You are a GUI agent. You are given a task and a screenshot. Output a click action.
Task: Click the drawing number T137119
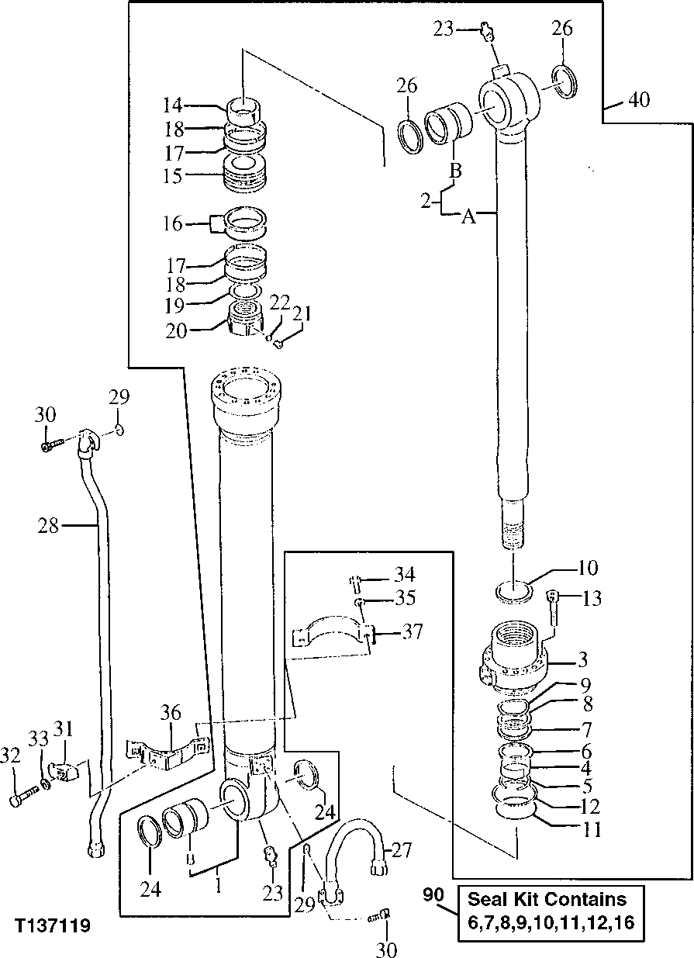[51, 925]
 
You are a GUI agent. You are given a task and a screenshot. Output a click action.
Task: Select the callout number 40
[639, 100]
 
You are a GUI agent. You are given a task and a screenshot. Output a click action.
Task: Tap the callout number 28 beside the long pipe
[48, 526]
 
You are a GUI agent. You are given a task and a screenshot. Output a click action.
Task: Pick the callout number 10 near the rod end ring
[587, 569]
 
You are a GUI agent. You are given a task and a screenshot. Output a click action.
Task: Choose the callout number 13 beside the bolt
[591, 598]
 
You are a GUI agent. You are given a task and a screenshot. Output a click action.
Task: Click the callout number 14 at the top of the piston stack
[171, 105]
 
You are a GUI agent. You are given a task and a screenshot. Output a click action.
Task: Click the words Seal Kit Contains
[547, 899]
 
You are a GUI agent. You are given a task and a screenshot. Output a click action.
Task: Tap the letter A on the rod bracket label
[468, 219]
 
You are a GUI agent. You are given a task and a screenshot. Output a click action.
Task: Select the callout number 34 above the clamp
[404, 575]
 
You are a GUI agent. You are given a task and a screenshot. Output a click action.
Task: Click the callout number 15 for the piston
[171, 176]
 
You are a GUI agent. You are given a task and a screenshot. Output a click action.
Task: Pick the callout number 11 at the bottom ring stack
[593, 829]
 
